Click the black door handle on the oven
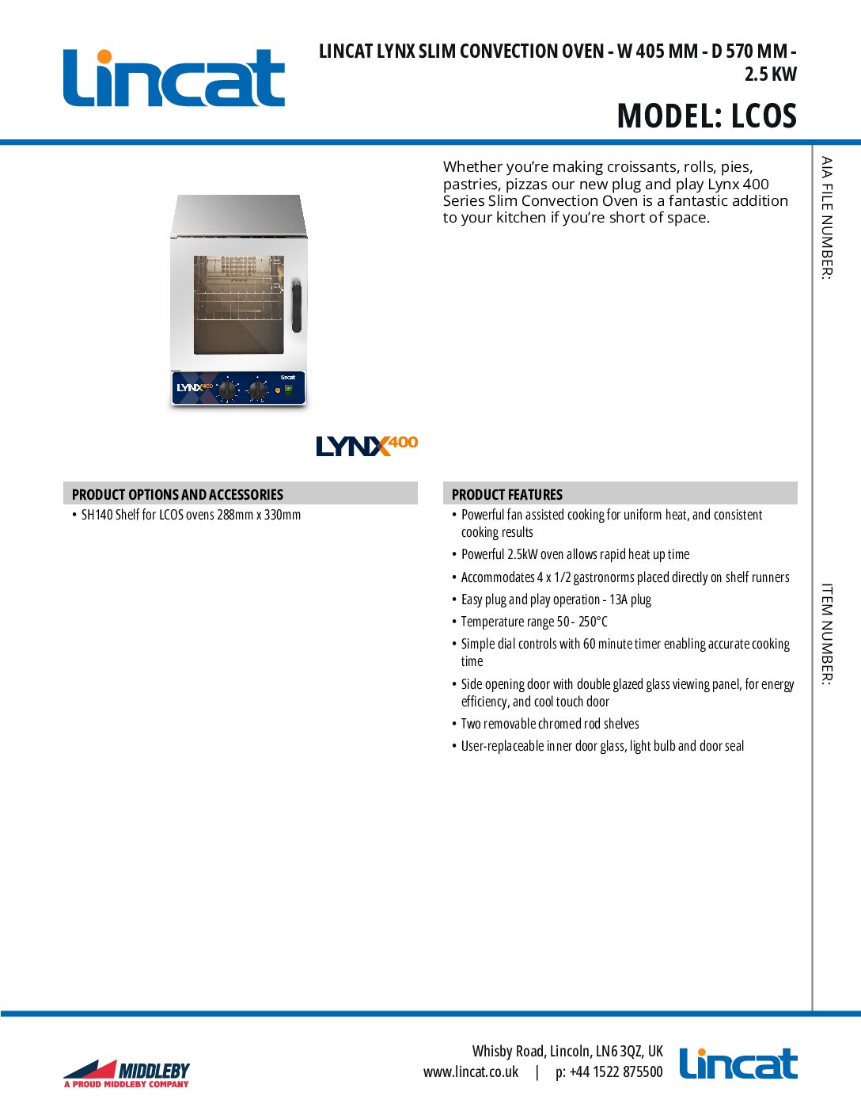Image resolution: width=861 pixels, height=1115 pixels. [x=297, y=306]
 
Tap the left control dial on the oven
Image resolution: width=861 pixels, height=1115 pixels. [x=228, y=390]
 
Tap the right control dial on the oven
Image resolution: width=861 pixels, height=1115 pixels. [x=258, y=390]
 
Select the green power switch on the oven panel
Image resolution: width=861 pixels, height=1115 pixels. [x=290, y=390]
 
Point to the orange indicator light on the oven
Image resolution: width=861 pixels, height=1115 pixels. [x=277, y=390]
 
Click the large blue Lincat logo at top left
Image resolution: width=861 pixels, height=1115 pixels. [x=174, y=78]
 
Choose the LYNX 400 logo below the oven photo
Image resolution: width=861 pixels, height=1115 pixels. [x=366, y=446]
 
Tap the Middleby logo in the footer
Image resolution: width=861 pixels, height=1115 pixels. [x=127, y=1074]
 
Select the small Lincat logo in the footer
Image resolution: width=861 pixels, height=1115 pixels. [x=738, y=1064]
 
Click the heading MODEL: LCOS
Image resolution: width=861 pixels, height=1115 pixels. [x=707, y=116]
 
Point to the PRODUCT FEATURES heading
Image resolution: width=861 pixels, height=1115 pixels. [x=507, y=494]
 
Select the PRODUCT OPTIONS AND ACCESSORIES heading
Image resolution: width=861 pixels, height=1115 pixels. [x=177, y=494]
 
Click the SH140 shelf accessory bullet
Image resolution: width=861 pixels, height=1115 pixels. [x=191, y=515]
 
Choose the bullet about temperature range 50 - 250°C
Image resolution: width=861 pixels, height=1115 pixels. [x=534, y=622]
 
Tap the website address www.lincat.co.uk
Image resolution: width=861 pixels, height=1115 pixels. [x=471, y=1072]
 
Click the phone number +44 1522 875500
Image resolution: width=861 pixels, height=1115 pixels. [x=609, y=1072]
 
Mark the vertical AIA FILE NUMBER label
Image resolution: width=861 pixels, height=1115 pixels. [x=826, y=218]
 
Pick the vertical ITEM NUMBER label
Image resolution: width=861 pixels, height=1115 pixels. [x=826, y=634]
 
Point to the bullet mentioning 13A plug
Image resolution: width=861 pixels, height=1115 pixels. [x=556, y=599]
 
